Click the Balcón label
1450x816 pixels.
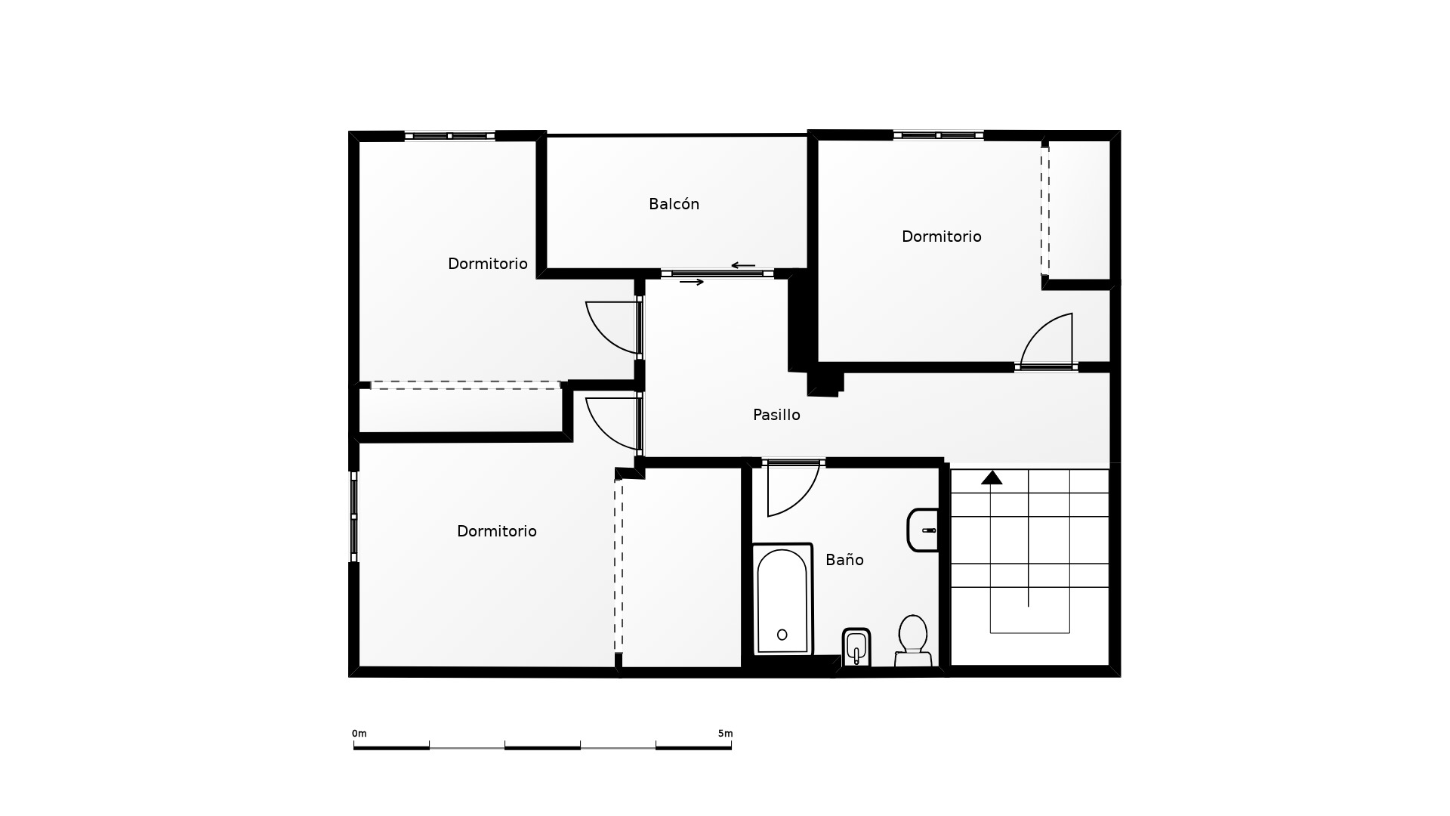674,204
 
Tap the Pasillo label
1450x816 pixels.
776,415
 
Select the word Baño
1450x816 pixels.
844,560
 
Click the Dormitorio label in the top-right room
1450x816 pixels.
941,236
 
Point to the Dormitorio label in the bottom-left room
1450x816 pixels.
496,531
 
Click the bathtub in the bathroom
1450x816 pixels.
782,599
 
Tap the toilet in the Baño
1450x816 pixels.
913,641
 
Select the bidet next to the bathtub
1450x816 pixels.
856,648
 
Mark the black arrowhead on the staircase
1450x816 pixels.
992,478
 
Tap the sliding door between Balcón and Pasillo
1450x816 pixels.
717,274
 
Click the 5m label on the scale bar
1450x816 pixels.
725,734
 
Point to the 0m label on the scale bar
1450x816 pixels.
359,734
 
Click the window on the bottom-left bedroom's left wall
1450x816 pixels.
353,517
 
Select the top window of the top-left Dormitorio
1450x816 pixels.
449,136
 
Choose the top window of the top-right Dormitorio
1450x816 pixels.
939,135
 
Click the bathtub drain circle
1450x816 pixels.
782,635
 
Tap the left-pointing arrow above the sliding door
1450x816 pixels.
743,265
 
